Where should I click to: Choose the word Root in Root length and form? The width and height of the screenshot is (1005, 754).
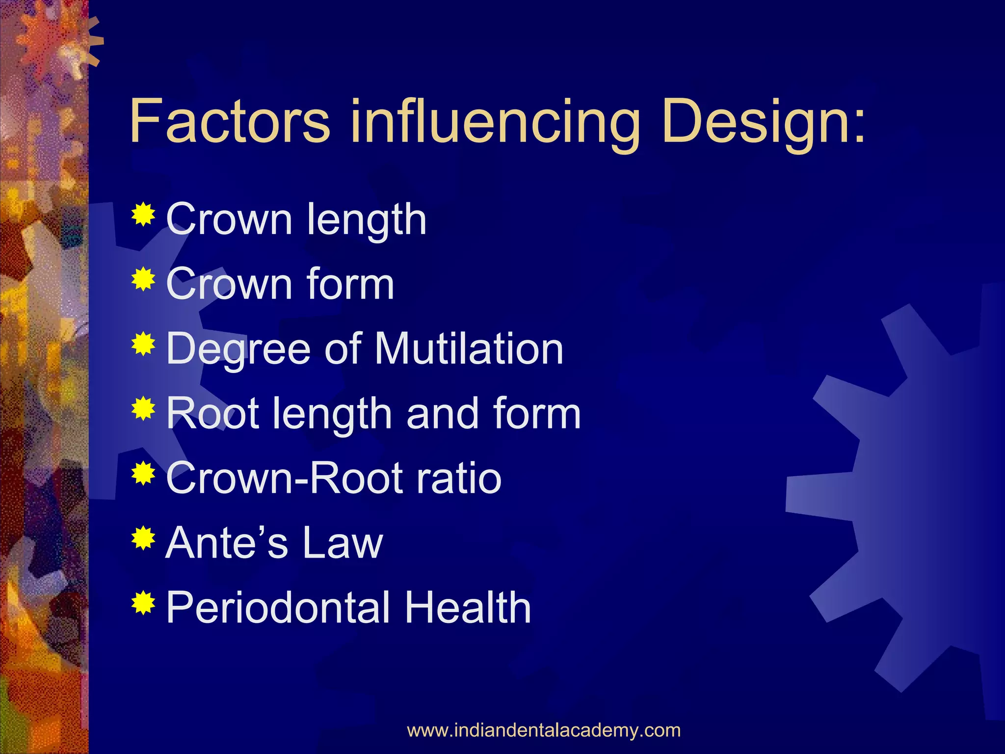(212, 413)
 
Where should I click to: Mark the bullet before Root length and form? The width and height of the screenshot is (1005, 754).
(143, 408)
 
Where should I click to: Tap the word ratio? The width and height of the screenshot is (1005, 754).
(458, 478)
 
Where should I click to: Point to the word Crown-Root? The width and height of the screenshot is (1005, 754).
(284, 478)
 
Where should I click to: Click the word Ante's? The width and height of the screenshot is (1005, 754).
(227, 543)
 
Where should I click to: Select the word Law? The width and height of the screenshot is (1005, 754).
(343, 543)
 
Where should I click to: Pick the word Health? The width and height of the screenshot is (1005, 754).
(468, 608)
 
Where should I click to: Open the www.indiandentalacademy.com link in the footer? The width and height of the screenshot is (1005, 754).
(544, 730)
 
